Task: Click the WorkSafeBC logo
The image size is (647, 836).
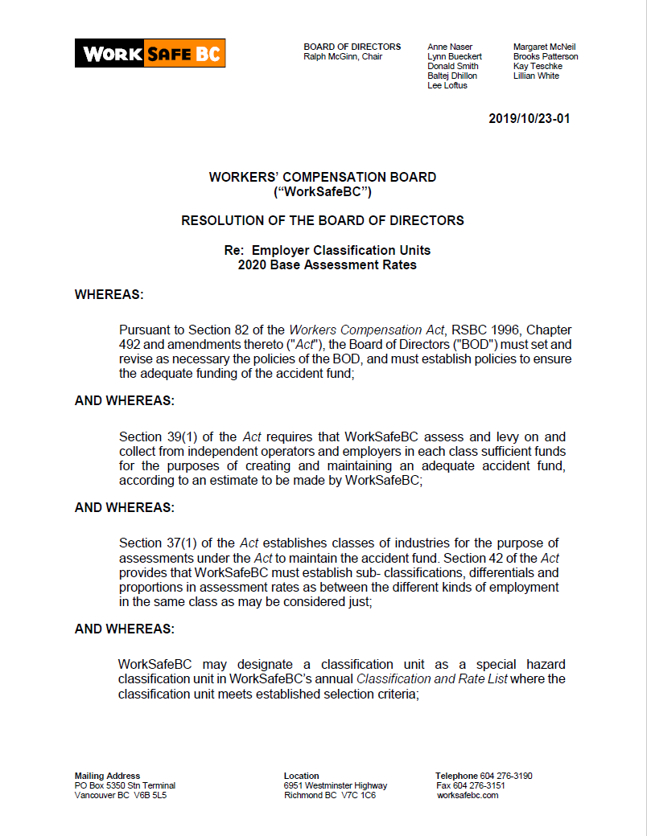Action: pos(150,53)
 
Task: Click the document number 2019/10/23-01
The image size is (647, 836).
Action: pos(530,119)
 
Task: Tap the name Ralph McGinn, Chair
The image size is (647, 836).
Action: pos(343,57)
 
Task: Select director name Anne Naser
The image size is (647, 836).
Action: pos(450,47)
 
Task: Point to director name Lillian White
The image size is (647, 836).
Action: pos(536,76)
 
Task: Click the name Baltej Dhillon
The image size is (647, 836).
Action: pos(452,76)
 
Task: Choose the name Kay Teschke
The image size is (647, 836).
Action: pos(538,66)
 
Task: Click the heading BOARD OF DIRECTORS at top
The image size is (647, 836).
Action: pos(352,47)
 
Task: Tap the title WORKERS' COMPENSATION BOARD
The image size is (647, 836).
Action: pos(323,177)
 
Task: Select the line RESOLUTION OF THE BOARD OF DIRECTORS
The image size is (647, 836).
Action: pos(323,220)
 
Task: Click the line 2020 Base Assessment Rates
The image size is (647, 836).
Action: pos(328,264)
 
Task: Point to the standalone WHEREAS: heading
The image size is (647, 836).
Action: pos(109,294)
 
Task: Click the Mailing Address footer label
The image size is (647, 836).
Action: pos(107,776)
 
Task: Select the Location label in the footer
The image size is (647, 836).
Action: pos(302,776)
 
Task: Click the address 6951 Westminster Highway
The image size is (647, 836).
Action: pos(336,785)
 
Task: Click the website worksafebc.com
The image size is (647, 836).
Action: pos(468,795)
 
